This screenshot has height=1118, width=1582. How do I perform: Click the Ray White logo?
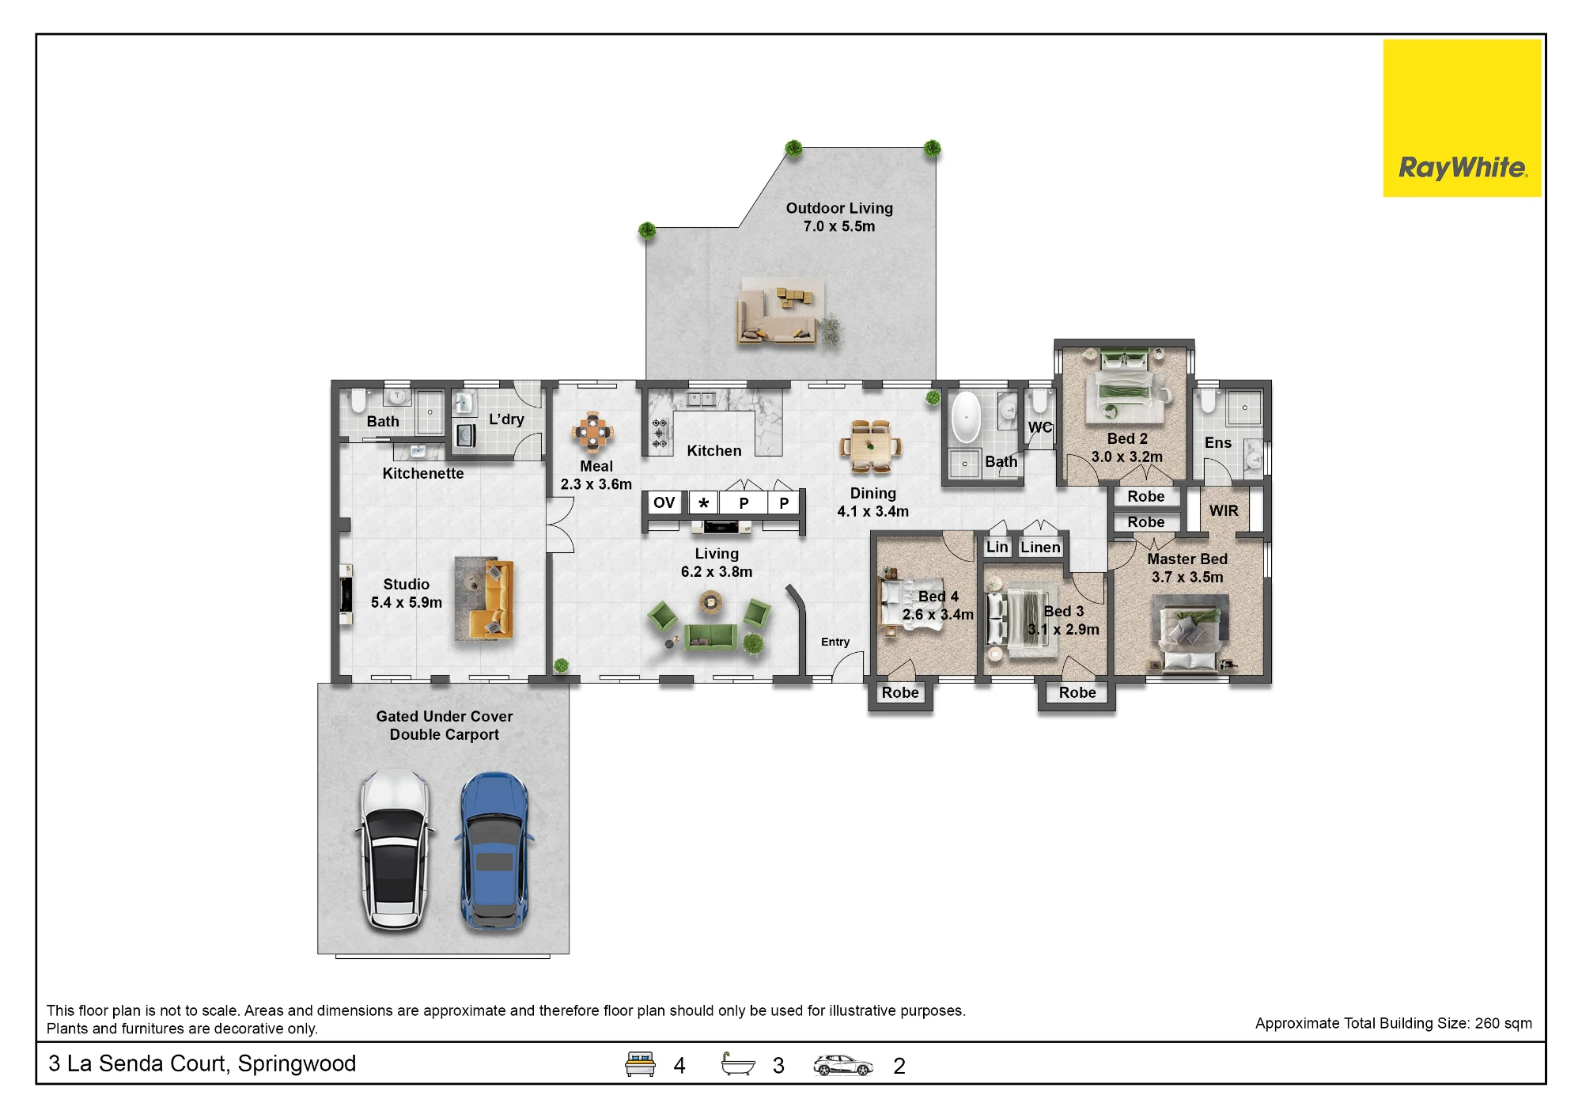(1462, 118)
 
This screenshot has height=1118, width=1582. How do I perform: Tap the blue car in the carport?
(494, 851)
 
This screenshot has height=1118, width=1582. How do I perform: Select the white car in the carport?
(395, 849)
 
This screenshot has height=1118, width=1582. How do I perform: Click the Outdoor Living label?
(839, 208)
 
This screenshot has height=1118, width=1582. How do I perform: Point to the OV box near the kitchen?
(664, 502)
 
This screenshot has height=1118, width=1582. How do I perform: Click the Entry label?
(835, 642)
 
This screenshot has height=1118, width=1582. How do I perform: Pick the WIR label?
(1224, 511)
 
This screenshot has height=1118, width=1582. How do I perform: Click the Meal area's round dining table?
(593, 432)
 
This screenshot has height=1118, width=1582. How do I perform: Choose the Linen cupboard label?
(1040, 547)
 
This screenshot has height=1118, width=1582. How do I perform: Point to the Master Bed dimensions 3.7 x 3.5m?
(1187, 577)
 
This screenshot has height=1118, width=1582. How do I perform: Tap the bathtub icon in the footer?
(738, 1064)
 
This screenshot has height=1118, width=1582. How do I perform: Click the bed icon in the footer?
(641, 1064)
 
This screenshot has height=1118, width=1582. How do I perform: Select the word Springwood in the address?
(297, 1063)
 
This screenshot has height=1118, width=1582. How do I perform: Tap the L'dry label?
(506, 419)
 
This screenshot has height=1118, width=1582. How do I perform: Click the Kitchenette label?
(423, 473)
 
